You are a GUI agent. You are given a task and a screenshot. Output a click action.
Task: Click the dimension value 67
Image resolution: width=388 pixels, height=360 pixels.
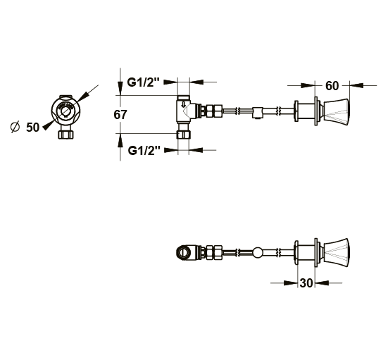120,115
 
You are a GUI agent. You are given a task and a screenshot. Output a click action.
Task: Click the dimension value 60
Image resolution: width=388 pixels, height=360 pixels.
332,86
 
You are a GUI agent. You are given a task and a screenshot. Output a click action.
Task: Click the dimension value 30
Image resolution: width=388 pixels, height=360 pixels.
306,283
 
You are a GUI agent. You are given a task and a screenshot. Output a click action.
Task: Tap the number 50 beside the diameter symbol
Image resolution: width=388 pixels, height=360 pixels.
32,128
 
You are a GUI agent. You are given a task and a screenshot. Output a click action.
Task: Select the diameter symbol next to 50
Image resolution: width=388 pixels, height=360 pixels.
15,127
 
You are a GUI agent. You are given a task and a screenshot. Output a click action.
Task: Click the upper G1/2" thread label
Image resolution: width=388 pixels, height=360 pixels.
144,82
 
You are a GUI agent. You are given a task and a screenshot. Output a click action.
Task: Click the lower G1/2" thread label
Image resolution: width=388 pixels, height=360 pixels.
144,150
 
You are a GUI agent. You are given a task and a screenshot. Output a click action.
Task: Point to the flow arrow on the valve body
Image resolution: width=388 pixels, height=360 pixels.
183,104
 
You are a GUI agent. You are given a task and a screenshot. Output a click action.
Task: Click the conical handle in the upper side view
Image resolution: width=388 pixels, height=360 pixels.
336,111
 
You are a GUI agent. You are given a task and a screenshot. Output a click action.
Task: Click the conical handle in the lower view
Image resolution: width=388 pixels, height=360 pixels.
336,252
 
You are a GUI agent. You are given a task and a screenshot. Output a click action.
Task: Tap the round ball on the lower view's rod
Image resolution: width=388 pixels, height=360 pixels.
258,252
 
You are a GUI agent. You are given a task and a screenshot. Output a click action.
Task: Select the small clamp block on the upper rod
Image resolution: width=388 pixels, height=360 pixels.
258,113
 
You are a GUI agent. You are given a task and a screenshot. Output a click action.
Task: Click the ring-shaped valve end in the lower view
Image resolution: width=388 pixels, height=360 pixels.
183,252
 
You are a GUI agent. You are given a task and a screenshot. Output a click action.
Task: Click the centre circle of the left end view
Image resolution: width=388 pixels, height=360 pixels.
65,110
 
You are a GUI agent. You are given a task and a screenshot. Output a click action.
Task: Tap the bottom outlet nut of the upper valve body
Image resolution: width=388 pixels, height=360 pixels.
183,135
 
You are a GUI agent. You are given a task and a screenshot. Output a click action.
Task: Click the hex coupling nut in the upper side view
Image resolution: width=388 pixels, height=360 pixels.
214,111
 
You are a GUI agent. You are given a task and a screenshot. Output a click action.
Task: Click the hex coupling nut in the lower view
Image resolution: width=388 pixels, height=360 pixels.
214,252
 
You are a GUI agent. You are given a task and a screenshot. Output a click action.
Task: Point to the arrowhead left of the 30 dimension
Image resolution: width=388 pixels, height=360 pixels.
291,283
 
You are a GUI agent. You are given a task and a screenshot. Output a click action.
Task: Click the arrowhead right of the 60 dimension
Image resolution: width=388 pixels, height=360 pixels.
356,85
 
